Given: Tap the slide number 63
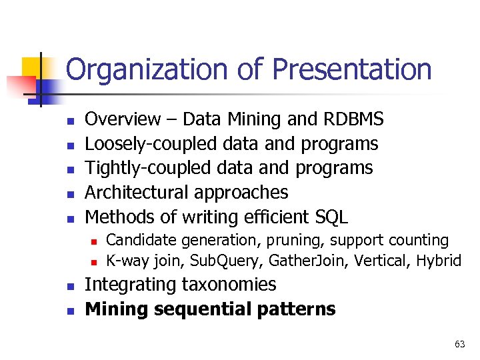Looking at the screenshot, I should [459, 344].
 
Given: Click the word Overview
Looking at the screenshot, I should [123, 119].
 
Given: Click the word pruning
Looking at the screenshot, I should [307, 240].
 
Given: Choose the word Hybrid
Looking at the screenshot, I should [439, 260].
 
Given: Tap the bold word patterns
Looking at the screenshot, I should [297, 309].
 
